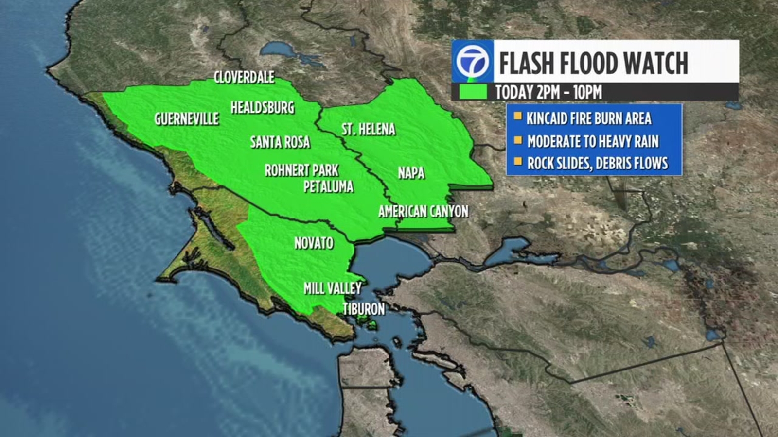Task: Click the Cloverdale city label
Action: (x=244, y=77)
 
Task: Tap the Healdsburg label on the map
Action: (x=262, y=107)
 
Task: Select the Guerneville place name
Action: (x=186, y=119)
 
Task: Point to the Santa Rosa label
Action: (x=280, y=142)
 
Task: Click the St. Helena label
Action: (x=368, y=130)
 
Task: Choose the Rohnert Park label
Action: (x=301, y=170)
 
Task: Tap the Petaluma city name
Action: (x=328, y=186)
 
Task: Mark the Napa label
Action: (x=411, y=173)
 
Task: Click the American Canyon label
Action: (x=424, y=211)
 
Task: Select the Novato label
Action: (x=314, y=243)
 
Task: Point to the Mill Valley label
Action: (x=333, y=288)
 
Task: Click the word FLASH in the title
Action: (x=527, y=63)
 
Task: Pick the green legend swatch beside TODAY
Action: (x=473, y=92)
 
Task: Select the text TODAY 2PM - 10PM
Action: (x=548, y=92)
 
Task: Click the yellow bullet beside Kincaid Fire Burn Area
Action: (x=518, y=117)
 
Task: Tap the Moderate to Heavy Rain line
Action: (x=593, y=141)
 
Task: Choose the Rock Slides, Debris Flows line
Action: (x=598, y=163)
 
